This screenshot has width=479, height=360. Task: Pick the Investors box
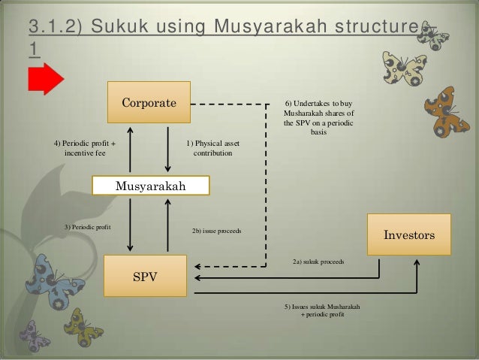(x=409, y=235)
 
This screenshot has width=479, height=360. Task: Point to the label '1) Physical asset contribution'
(x=212, y=148)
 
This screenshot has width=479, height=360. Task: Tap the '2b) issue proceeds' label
(x=216, y=231)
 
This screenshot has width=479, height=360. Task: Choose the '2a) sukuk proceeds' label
(x=318, y=262)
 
